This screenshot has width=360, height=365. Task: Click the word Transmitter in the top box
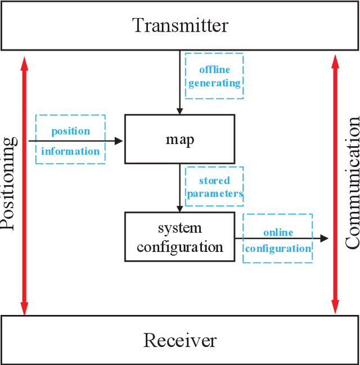point(180,25)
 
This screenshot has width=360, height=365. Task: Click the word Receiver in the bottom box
point(180,340)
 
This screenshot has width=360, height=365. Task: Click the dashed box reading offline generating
point(214,76)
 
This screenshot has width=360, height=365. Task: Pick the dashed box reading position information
point(70,139)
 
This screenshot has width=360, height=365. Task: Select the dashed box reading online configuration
point(278,238)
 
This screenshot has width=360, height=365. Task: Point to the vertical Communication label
point(352,183)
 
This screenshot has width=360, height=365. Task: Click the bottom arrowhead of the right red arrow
point(335,307)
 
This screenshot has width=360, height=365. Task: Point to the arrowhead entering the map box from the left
point(119,141)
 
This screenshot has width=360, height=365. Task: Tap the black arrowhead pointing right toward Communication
point(324,238)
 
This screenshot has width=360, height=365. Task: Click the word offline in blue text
point(214,70)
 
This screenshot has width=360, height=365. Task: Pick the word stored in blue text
point(214,181)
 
